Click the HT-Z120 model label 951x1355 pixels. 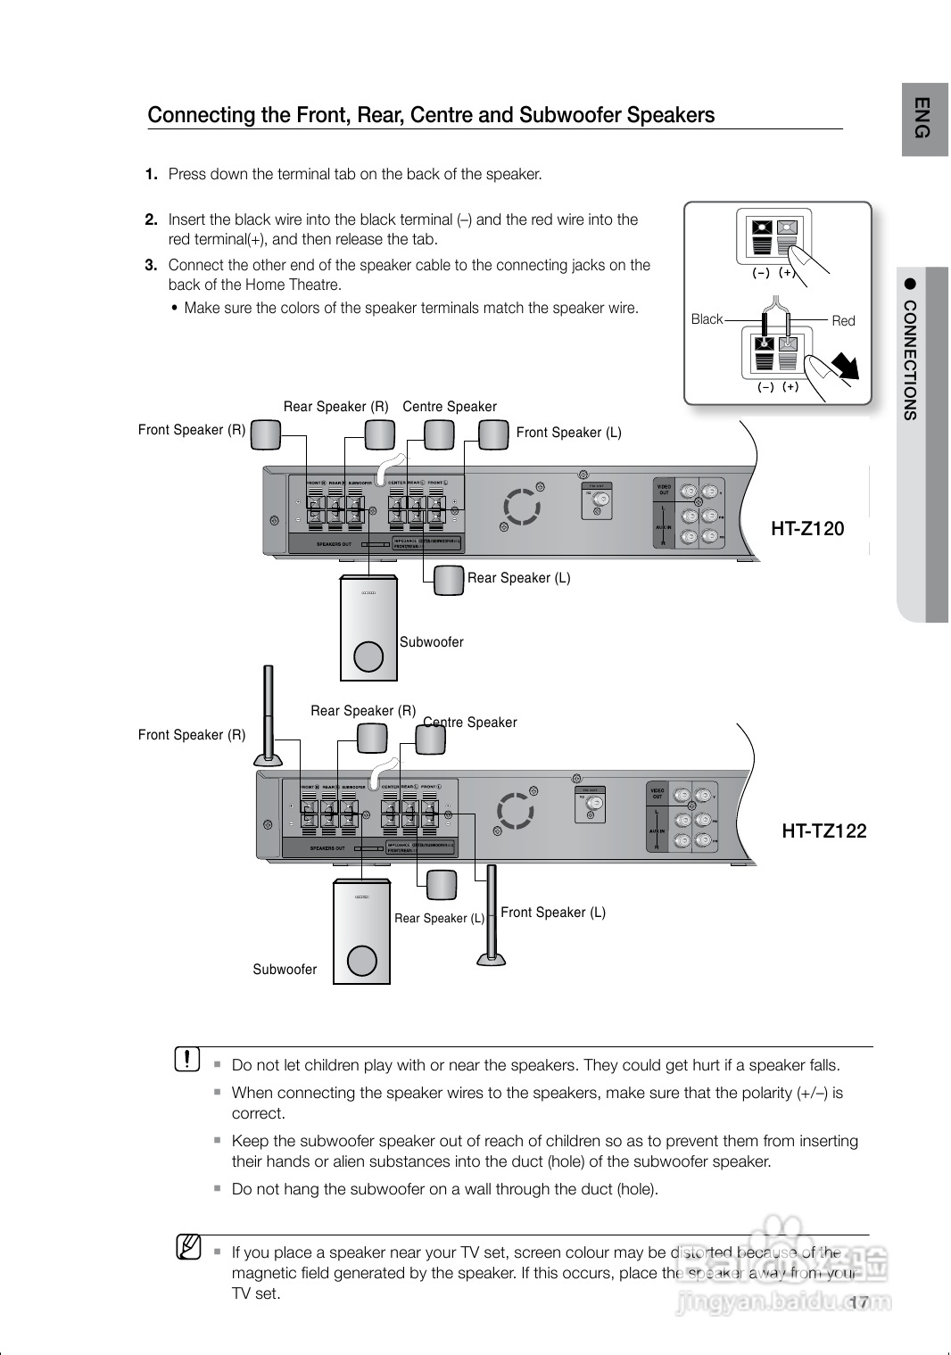click(x=806, y=529)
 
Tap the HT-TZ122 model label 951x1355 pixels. click(x=823, y=831)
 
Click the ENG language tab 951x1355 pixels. click(x=923, y=118)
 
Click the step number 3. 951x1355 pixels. click(x=151, y=265)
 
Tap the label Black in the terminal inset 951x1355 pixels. click(x=707, y=319)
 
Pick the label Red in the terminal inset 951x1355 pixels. click(x=843, y=321)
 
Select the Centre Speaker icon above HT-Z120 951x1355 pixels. click(x=439, y=434)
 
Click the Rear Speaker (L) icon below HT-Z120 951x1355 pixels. click(x=449, y=580)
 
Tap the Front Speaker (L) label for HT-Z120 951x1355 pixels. click(x=568, y=433)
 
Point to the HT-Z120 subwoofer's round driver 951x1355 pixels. click(x=368, y=657)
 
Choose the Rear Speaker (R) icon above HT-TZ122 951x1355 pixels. click(x=372, y=738)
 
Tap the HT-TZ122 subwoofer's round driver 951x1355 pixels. click(x=362, y=961)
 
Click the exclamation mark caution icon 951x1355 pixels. click(x=188, y=1059)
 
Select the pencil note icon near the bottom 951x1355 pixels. click(x=188, y=1246)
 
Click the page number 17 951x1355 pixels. click(x=858, y=1303)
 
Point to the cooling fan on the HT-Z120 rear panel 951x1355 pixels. click(x=519, y=507)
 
